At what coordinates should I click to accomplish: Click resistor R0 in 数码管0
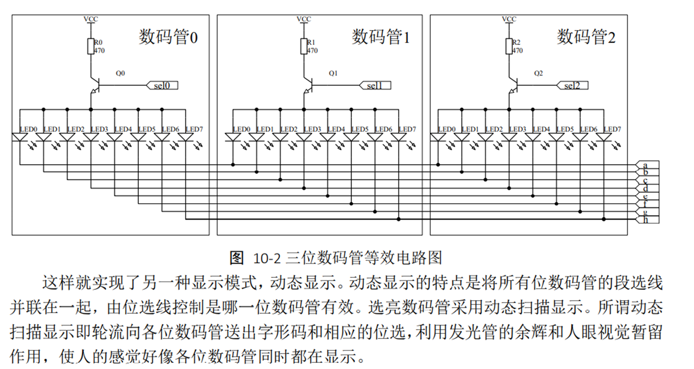pyautogui.click(x=91, y=46)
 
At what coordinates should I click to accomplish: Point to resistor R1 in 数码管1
pyautogui.click(x=304, y=46)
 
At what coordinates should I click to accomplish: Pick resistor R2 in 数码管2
pyautogui.click(x=509, y=46)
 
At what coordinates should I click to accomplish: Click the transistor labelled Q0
pyautogui.click(x=94, y=85)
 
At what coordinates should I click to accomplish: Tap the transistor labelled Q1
pyautogui.click(x=307, y=85)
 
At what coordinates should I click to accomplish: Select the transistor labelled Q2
pyautogui.click(x=512, y=85)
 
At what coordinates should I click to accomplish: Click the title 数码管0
pyautogui.click(x=168, y=37)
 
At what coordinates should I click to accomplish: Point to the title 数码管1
pyautogui.click(x=380, y=37)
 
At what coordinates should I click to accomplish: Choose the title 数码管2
pyautogui.click(x=586, y=37)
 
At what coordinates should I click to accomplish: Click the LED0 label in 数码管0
pyautogui.click(x=29, y=129)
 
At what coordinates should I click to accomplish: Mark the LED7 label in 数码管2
pyautogui.click(x=612, y=129)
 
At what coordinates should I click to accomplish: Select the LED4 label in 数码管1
pyautogui.click(x=336, y=129)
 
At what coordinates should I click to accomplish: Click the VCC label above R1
pyautogui.click(x=304, y=19)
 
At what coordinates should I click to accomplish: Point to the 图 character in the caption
pyautogui.click(x=237, y=258)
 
